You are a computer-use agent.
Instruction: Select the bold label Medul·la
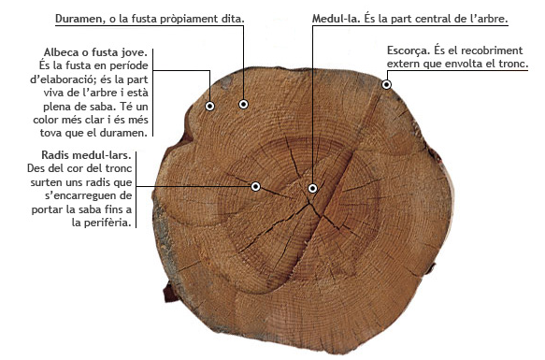click(x=338, y=19)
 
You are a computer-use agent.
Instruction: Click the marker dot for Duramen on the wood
click(x=243, y=104)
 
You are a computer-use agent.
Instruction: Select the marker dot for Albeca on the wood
click(x=210, y=107)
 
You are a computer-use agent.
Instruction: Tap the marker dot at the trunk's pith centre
click(x=312, y=188)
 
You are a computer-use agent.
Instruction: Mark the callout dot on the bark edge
click(x=386, y=85)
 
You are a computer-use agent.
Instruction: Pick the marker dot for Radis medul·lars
click(x=255, y=186)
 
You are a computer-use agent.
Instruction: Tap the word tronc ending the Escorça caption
click(x=512, y=65)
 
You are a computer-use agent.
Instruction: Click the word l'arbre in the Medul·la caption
click(x=486, y=19)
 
